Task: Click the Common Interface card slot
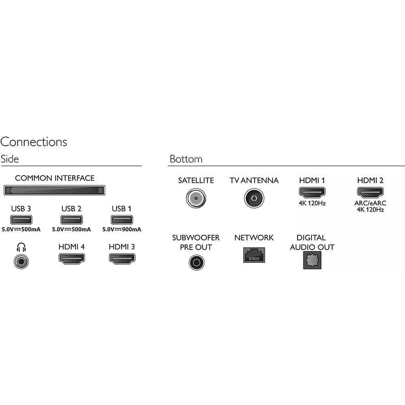pos(54,190)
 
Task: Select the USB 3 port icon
pos(21,220)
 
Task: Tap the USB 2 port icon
pos(72,220)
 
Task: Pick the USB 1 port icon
pos(122,220)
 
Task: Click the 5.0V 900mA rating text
pos(122,229)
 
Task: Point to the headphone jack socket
pos(21,262)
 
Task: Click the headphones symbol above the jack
pos(21,247)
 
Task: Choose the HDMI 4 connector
pos(72,259)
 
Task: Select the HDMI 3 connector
pos(122,259)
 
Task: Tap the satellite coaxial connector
pos(196,198)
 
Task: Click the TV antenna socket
pos(254,198)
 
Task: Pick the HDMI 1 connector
pos(312,192)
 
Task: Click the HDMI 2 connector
pos(371,192)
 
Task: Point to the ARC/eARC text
pos(371,203)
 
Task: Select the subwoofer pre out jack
pos(196,262)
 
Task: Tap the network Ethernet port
pos(254,255)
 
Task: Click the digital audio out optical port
pos(312,260)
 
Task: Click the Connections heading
pos(34,142)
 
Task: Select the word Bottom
pos(186,159)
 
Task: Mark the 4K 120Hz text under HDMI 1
pos(312,203)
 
